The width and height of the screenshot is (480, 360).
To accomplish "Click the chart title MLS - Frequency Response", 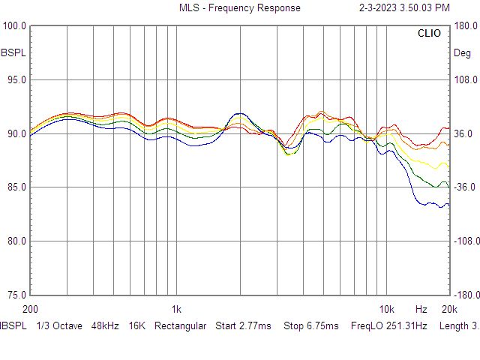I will coord(239,7).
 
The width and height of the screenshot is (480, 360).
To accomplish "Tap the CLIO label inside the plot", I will coord(429,33).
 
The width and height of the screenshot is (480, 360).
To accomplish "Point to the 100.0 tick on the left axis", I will coord(15,26).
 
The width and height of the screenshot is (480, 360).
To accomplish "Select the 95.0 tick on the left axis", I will coord(15,80).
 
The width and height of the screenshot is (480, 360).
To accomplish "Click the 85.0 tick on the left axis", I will coord(15,187).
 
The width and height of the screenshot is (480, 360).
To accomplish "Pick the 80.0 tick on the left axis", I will coord(15,241).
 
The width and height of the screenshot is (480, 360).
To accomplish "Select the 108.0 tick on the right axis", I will coord(466,80).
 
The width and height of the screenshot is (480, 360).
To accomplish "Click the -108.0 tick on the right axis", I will coord(464,241).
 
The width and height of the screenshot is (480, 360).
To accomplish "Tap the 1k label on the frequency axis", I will coord(176,309).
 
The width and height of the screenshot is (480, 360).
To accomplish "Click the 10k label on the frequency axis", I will coord(386,309).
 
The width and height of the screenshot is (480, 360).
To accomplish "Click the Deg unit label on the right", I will coord(462,53).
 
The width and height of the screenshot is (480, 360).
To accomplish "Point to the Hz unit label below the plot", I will coord(421,309).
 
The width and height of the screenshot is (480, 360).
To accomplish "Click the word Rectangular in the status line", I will coord(180,326).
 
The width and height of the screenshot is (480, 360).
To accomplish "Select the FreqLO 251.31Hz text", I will coord(388,326).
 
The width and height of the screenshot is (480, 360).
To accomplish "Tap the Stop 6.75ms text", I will coord(311,326).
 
